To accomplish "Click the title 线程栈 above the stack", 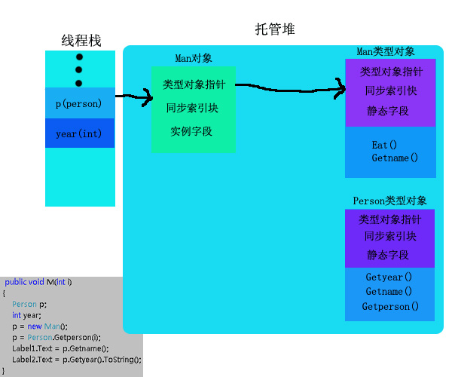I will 81,41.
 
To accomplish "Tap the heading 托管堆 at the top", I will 275,29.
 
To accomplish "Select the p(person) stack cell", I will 79,103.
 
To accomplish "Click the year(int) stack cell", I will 79,133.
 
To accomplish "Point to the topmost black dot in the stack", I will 78,57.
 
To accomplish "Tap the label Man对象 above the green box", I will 194,58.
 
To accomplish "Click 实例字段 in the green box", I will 191,130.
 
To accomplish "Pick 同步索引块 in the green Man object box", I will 192,107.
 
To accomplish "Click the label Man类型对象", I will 386,51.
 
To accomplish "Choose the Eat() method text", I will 384,145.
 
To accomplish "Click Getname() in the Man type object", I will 394,158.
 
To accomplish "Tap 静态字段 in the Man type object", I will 388,110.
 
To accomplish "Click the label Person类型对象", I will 389,201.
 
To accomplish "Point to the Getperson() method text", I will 390,307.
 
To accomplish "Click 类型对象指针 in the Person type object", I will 389,219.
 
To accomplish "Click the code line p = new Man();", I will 40,326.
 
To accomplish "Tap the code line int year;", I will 26,315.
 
